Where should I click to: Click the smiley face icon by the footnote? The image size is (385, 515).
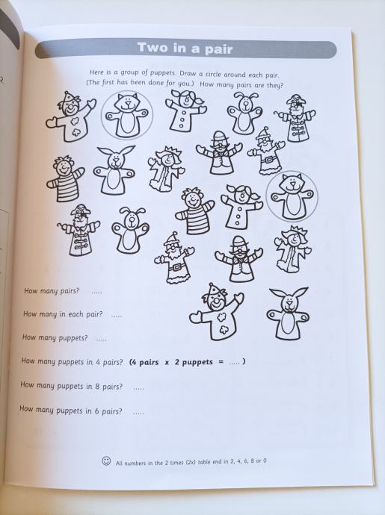[x=106, y=461]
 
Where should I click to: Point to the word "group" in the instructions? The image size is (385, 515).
[x=132, y=72]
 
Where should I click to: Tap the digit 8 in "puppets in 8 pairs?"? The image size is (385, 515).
[x=97, y=386]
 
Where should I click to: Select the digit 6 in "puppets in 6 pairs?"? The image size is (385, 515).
[x=96, y=411]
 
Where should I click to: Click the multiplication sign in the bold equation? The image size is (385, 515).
[x=167, y=362]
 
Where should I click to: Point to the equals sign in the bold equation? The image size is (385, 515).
[x=221, y=362]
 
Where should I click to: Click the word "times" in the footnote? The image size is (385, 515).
[x=176, y=463]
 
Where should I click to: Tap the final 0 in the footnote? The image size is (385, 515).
[x=265, y=461]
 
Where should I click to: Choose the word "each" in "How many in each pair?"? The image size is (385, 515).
[x=76, y=313]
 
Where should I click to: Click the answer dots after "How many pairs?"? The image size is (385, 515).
[x=96, y=292]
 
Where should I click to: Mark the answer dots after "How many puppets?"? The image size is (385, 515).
[x=102, y=340]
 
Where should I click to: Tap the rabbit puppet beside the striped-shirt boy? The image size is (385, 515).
[x=114, y=170]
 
